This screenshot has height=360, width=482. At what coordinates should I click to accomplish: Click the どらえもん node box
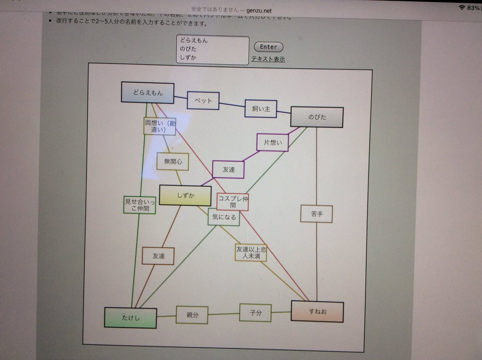tap(147, 93)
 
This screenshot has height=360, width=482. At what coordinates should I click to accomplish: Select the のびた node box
tap(317, 117)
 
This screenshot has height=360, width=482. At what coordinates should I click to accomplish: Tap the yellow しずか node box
tap(185, 196)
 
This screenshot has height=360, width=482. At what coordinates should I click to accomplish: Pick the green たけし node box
tap(131, 318)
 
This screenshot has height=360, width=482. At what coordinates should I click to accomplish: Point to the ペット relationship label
tap(203, 100)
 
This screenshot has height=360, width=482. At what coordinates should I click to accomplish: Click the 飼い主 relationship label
tap(261, 108)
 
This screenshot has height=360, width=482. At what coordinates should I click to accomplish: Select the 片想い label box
tap(273, 142)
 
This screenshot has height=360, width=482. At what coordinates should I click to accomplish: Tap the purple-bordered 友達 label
tap(228, 170)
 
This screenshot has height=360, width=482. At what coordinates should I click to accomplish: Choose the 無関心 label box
tap(173, 162)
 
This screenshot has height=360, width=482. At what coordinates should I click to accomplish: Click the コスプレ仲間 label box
tap(233, 202)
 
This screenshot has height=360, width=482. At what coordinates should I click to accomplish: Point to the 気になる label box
tap(224, 218)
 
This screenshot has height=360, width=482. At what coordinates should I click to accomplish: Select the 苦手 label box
tap(317, 214)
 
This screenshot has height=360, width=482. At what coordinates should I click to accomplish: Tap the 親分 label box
tap(192, 315)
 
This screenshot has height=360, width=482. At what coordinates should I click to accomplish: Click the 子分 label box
tap(255, 313)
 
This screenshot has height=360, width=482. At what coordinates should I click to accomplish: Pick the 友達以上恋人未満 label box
tap(251, 252)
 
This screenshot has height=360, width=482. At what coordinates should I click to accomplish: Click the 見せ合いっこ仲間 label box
tap(139, 205)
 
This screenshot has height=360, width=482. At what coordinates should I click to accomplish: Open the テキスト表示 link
tap(268, 59)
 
